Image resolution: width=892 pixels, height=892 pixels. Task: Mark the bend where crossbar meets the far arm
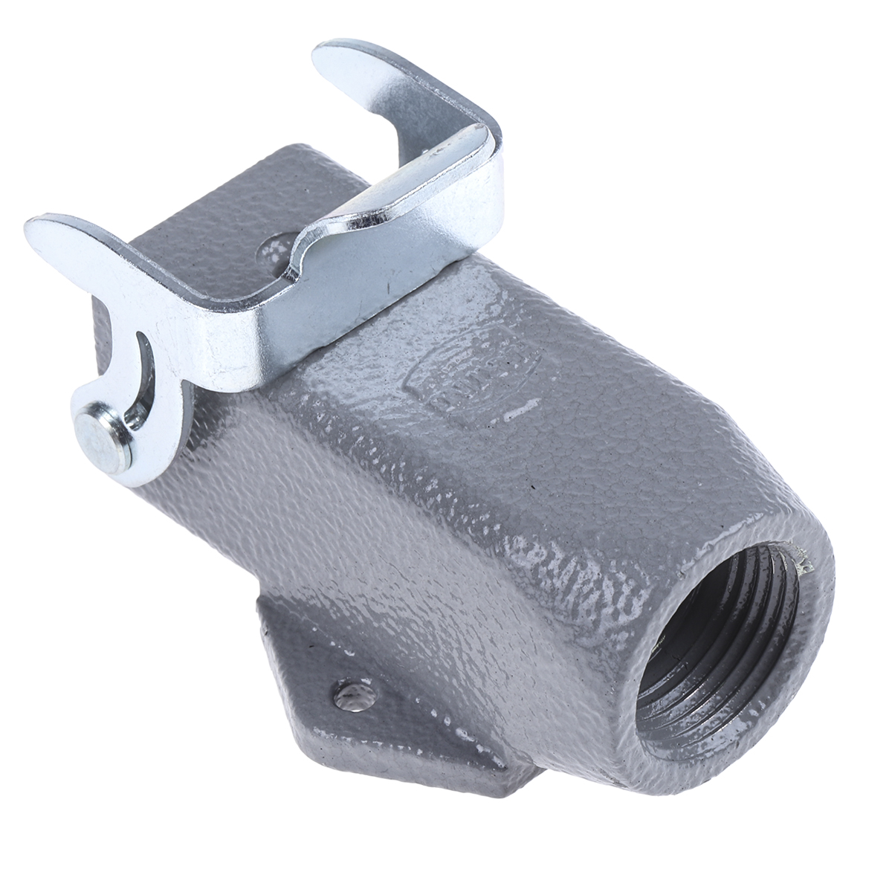(476, 134)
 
